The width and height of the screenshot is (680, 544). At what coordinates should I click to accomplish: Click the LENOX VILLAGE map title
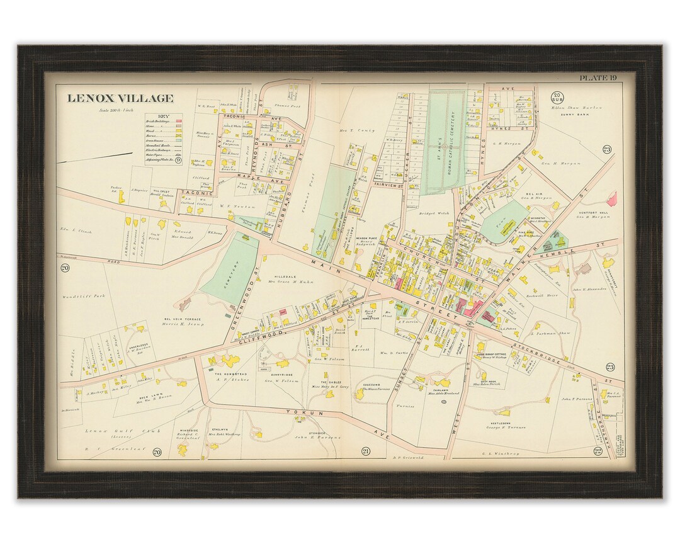pyautogui.click(x=120, y=98)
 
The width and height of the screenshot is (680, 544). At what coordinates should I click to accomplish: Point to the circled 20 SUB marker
pyautogui.click(x=557, y=98)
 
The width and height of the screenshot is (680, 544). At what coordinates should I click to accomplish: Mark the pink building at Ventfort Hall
pyautogui.click(x=610, y=200)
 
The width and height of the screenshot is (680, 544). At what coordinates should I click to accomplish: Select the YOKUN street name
pyautogui.click(x=298, y=412)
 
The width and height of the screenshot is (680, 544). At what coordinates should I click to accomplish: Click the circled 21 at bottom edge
pyautogui.click(x=365, y=451)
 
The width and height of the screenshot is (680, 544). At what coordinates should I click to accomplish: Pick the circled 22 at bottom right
pyautogui.click(x=598, y=451)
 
